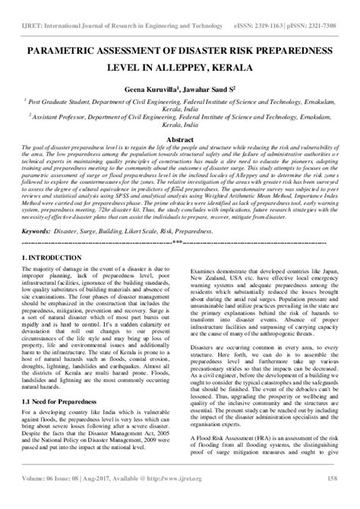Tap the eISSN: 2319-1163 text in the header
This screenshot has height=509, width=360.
pyautogui.click(x=246, y=7)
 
